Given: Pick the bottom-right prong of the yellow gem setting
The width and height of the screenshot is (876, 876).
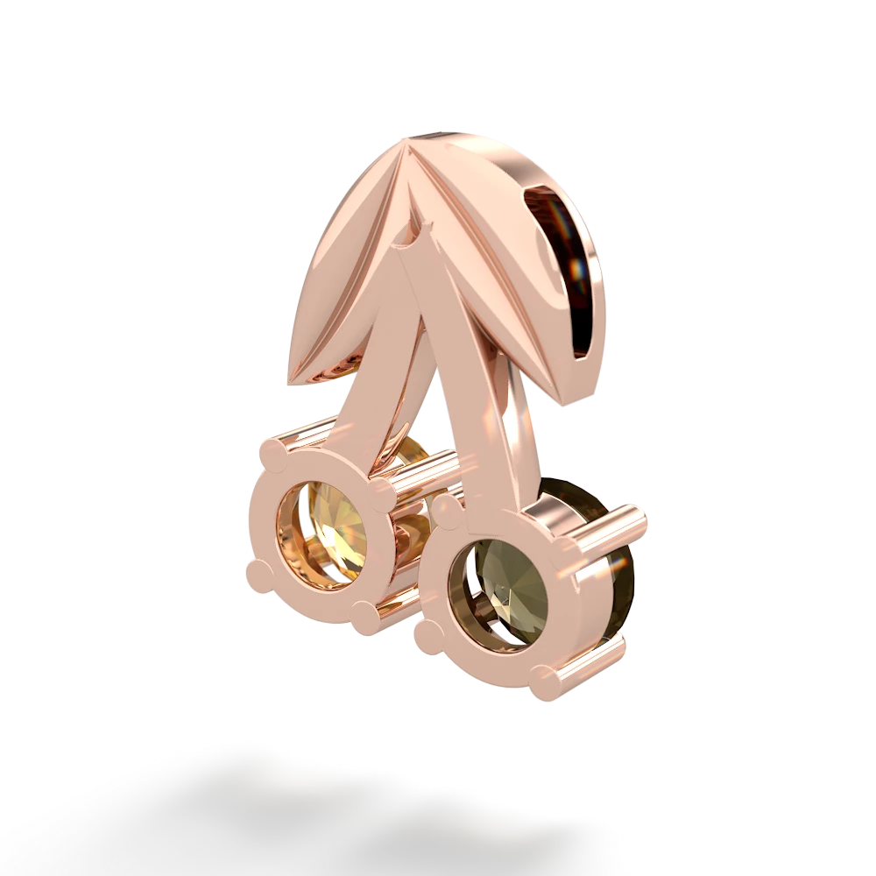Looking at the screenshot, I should coord(365,612).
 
